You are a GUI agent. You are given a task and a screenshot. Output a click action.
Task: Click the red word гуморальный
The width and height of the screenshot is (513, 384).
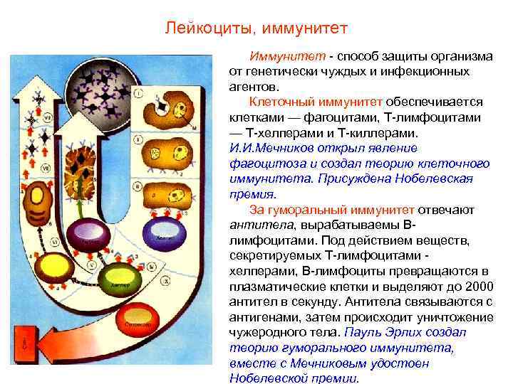(326, 210)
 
